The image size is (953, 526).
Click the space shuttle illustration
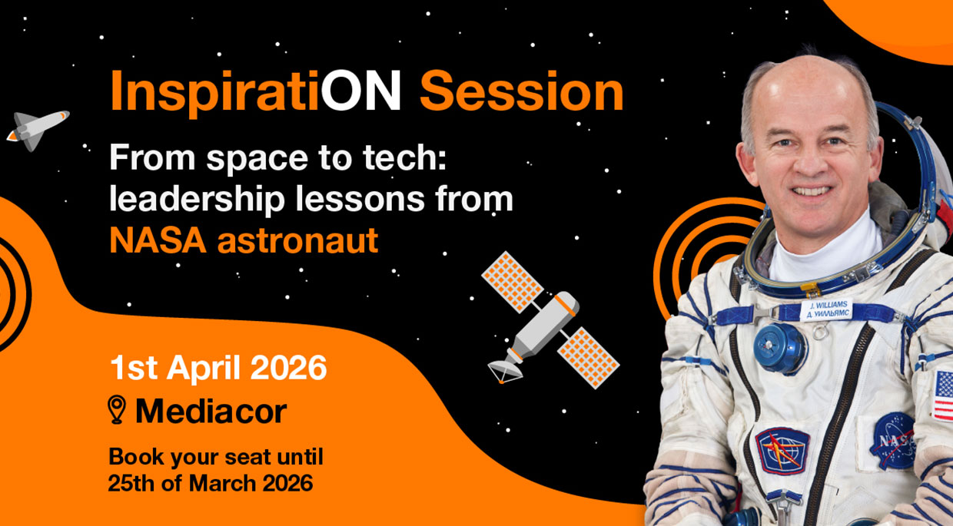pyautogui.click(x=38, y=130)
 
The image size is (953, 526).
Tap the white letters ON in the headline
pyautogui.click(x=360, y=91)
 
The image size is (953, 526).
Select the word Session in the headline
pyautogui.click(x=522, y=91)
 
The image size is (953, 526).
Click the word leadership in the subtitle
pyautogui.click(x=197, y=200)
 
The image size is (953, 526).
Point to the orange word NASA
pyautogui.click(x=158, y=240)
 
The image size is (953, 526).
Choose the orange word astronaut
pyautogui.click(x=298, y=241)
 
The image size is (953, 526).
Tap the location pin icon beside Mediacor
pyautogui.click(x=117, y=409)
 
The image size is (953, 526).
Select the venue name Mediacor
pyautogui.click(x=211, y=411)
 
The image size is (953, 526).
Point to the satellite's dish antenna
pyautogui.click(x=505, y=371)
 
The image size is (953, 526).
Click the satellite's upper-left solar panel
pyautogui.click(x=512, y=282)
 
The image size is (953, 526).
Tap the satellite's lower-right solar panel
pyautogui.click(x=589, y=358)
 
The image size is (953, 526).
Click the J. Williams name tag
pyautogui.click(x=825, y=309)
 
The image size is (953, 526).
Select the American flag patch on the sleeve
pyautogui.click(x=943, y=396)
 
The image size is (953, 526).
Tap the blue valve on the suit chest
pyautogui.click(x=780, y=348)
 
